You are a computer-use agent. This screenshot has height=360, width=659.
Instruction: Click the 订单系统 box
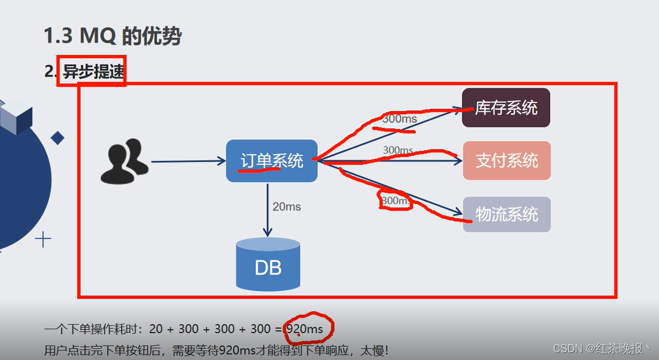pos(272,161)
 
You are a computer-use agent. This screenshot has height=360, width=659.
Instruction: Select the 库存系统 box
pos(506,108)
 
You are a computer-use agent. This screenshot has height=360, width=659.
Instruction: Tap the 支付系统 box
pos(507,161)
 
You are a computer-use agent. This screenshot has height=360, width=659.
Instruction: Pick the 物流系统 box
pos(507,214)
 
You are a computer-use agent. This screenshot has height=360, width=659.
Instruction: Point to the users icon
pos(124,161)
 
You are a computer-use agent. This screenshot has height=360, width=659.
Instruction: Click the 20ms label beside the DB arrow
pos(287,206)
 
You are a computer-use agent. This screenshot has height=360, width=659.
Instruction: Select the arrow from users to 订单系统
pos(188,161)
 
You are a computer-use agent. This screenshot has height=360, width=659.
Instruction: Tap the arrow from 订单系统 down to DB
pos(268,209)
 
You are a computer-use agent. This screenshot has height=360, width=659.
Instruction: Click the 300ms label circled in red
pos(395,201)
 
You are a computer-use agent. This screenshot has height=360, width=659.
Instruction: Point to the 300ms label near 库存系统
pos(400,119)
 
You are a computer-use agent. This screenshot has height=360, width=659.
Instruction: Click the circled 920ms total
pos(304,329)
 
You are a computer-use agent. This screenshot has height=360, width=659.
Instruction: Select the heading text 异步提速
pos(94,71)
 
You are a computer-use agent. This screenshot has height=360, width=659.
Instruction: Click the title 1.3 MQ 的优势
pos(112,36)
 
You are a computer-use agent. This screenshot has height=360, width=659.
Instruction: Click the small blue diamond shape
pos(57,138)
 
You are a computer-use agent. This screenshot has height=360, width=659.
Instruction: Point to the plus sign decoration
pos(43,239)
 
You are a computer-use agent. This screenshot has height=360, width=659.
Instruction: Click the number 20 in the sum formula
pos(155,329)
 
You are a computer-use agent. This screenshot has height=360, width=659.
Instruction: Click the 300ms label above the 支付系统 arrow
pos(398,150)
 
